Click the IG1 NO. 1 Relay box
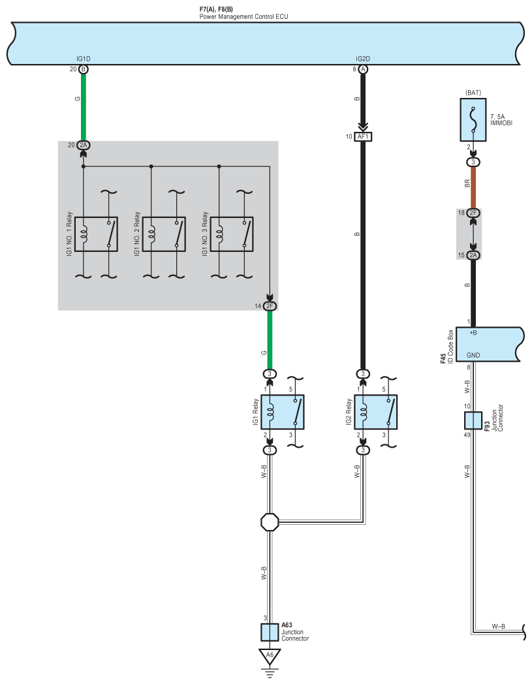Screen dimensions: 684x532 click(x=96, y=234)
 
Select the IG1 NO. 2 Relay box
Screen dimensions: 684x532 click(x=164, y=234)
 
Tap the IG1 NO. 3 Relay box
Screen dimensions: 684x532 click(x=231, y=234)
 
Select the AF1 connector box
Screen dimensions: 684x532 click(x=362, y=137)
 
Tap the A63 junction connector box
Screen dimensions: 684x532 click(x=270, y=632)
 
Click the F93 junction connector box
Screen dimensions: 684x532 click(x=473, y=420)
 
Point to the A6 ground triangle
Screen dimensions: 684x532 click(x=269, y=655)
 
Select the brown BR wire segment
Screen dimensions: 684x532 click(x=473, y=185)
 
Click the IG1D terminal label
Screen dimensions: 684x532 click(x=83, y=59)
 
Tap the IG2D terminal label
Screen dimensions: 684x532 click(x=362, y=59)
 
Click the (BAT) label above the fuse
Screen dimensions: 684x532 click(x=473, y=93)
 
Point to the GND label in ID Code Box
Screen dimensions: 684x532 click(x=475, y=356)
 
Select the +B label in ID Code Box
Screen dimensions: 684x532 click(x=473, y=333)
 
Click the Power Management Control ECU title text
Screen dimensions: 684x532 click(x=243, y=16)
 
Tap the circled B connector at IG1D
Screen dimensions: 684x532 click(x=83, y=69)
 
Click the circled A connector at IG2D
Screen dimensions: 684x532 click(x=362, y=69)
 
